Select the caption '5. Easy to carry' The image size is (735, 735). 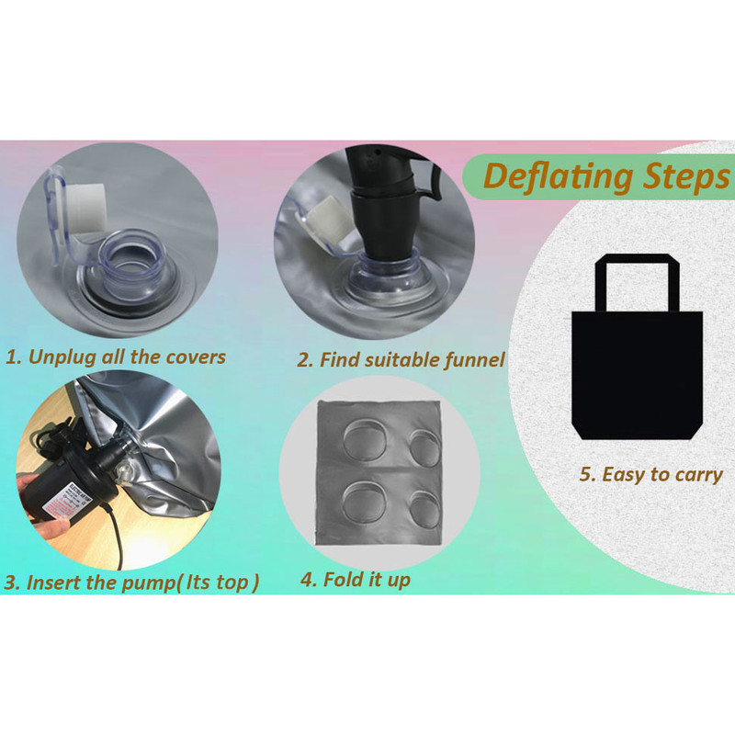click(x=651, y=474)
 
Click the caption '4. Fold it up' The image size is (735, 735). click(x=356, y=580)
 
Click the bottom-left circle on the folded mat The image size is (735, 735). click(x=364, y=502)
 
